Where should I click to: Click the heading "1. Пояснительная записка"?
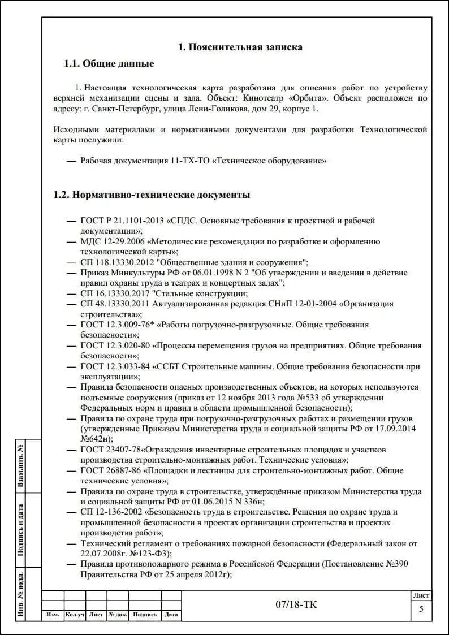(x=240, y=47)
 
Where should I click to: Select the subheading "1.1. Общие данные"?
(x=109, y=64)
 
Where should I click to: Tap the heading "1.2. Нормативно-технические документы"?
(x=152, y=195)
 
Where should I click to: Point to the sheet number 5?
(x=421, y=609)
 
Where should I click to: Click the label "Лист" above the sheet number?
(x=421, y=595)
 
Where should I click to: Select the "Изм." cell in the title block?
(x=53, y=615)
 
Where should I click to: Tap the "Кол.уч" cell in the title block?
(x=75, y=615)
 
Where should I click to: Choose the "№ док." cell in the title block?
(x=118, y=615)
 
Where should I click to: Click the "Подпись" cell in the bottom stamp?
(x=145, y=615)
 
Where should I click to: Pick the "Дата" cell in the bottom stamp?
(x=171, y=615)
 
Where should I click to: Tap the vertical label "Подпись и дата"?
(x=21, y=530)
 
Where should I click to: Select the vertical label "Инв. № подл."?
(x=21, y=594)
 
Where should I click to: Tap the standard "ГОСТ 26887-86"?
(x=110, y=470)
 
